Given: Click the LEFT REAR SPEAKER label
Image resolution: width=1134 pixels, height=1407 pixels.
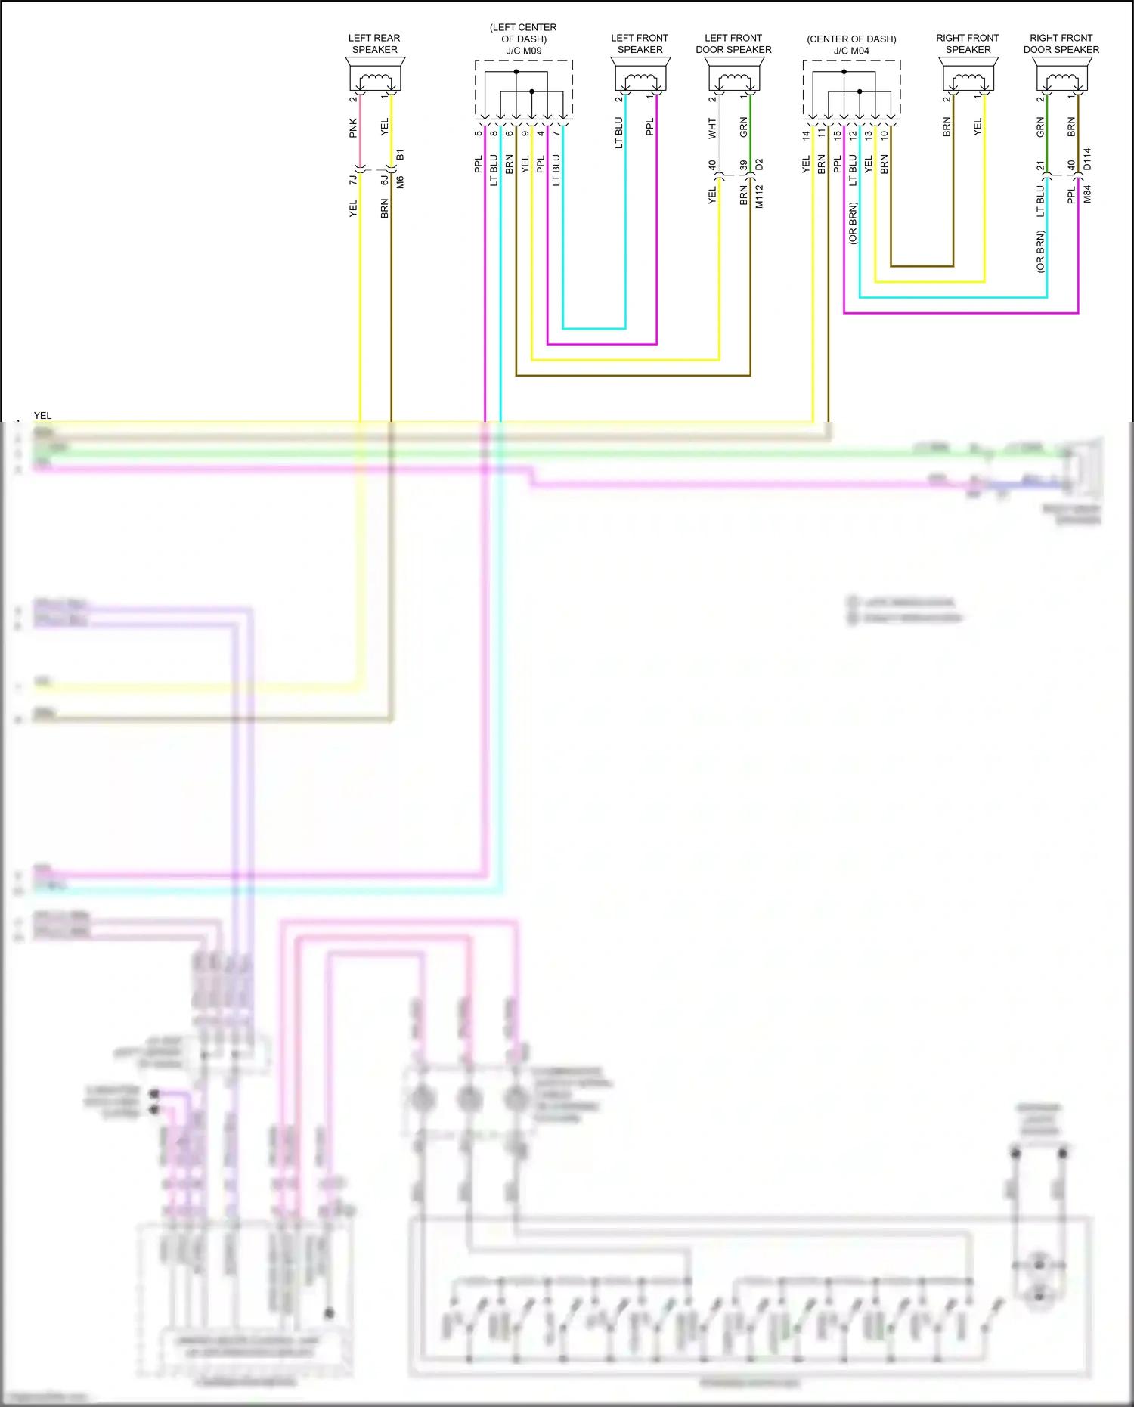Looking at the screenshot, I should [x=374, y=44].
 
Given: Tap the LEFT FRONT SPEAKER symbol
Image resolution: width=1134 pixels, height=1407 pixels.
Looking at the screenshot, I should [x=640, y=76].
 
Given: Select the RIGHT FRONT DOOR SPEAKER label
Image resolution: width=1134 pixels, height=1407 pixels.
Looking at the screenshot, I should [x=1061, y=44].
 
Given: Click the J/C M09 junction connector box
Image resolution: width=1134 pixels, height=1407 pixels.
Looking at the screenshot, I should [x=523, y=89].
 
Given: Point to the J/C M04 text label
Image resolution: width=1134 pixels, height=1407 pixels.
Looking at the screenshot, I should [x=851, y=51].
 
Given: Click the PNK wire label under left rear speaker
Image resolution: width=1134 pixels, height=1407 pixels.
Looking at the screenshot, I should [x=353, y=128].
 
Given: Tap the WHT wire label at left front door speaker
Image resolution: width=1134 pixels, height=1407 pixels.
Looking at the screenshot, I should [x=712, y=128].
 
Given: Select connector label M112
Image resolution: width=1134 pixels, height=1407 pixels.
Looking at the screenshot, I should [x=759, y=196].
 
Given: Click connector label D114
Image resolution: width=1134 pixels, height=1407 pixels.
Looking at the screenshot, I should [x=1087, y=159].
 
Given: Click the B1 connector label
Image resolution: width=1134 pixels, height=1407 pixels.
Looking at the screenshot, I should [x=400, y=154].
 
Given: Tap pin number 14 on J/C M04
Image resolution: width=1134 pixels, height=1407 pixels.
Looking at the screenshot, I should [x=806, y=135].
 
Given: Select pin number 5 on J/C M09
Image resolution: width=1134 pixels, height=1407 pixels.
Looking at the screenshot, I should [x=478, y=133].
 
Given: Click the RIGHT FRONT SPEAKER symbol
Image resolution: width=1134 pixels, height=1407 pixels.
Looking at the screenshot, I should [x=968, y=76].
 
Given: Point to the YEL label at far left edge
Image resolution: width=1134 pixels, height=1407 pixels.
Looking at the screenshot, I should [x=42, y=415].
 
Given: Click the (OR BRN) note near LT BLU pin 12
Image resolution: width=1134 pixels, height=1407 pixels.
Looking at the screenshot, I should [x=853, y=223].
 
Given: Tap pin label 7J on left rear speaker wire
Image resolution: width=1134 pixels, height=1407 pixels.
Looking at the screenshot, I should [x=353, y=180].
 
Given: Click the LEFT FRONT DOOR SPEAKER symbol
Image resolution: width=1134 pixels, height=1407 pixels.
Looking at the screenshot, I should [x=733, y=76].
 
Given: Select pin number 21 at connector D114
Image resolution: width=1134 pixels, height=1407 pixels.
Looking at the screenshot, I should [x=1040, y=166].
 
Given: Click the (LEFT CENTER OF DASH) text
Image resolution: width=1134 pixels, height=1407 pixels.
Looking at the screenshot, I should [x=523, y=33].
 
